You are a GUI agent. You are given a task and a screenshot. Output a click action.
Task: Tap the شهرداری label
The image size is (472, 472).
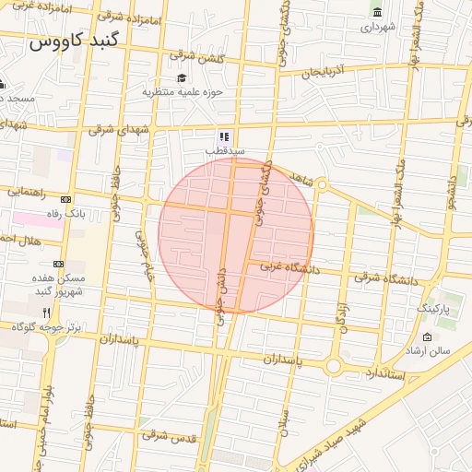pos(377,27)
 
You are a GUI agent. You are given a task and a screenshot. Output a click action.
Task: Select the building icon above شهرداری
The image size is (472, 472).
pos(376,11)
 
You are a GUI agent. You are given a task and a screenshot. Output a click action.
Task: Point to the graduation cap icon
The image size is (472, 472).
pos(182,77)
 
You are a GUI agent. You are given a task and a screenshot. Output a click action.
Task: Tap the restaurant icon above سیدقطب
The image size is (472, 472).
pos(224,136)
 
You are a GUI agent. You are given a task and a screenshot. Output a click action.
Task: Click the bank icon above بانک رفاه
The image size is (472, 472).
pos(65,199)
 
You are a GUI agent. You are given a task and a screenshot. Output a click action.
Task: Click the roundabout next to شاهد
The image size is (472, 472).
pos(322,184)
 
